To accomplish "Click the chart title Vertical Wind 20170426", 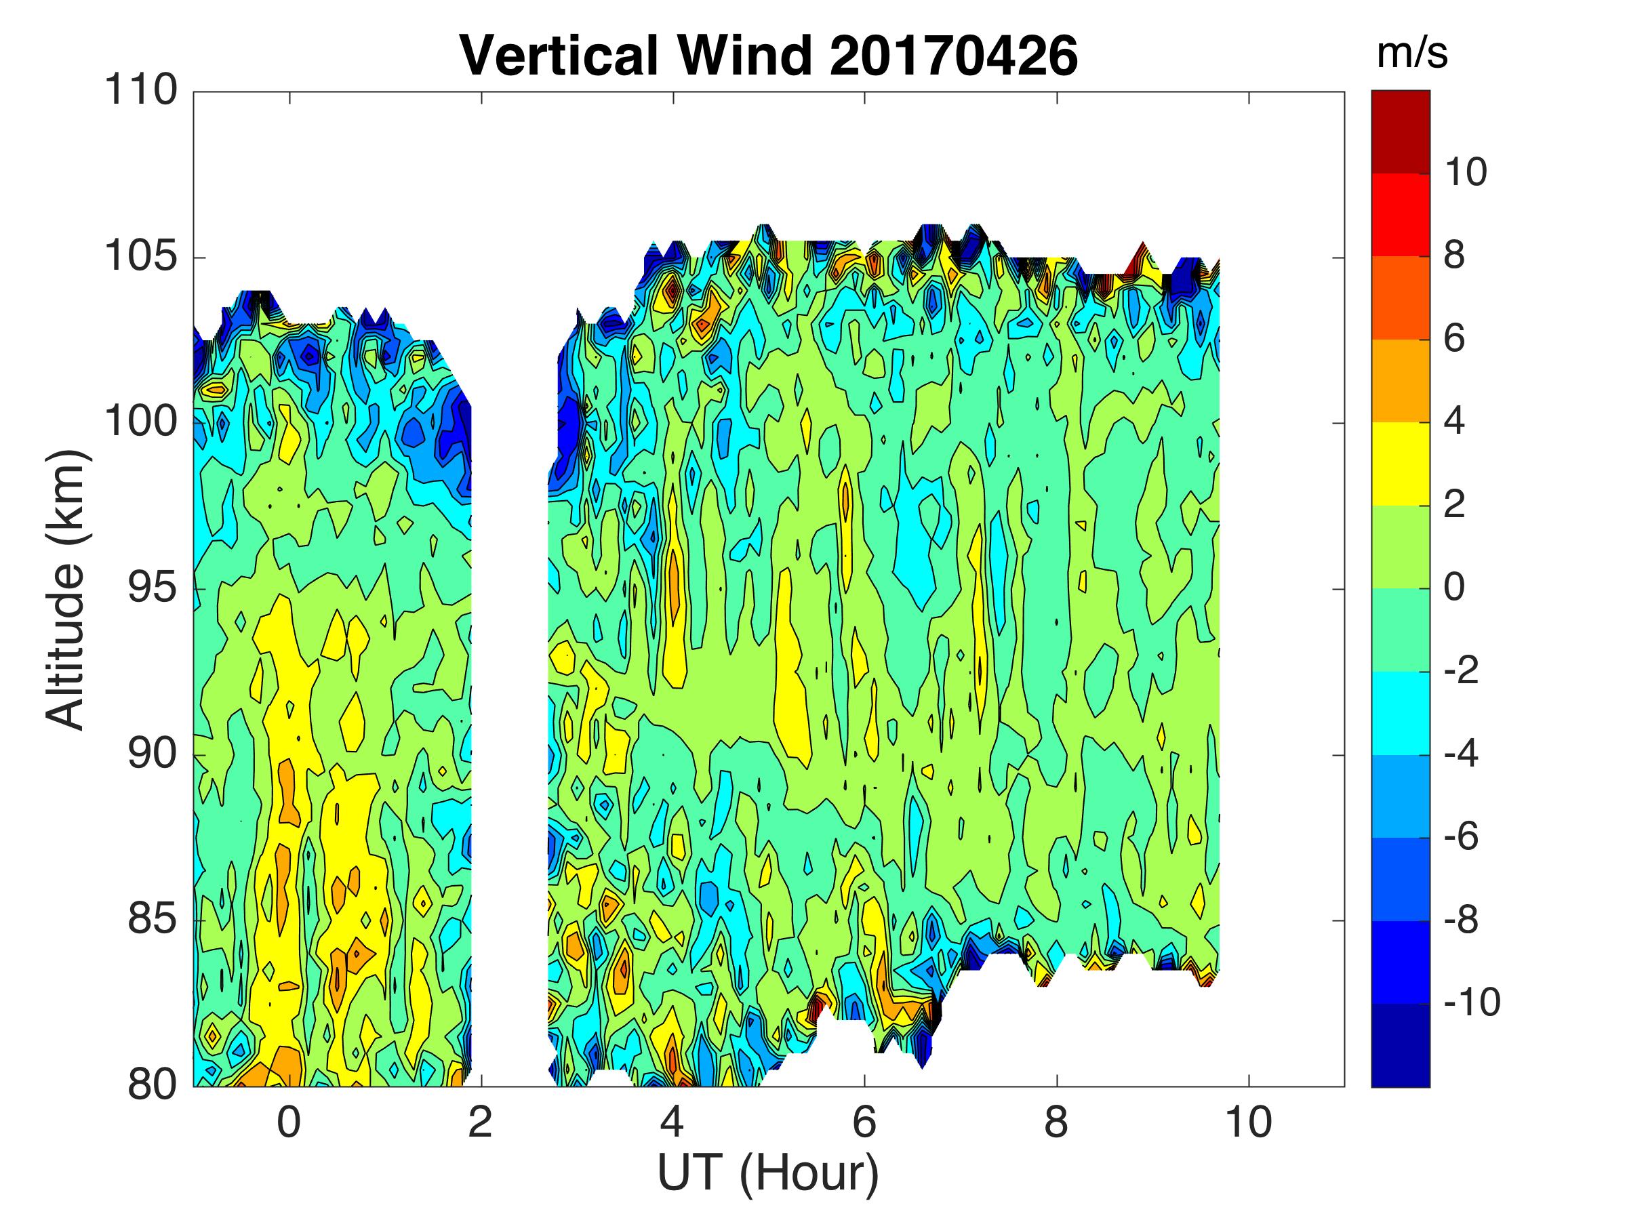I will click(769, 56).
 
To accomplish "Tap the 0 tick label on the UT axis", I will click(289, 1123).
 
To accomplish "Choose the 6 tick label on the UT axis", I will click(864, 1123).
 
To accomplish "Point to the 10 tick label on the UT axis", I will click(1248, 1123).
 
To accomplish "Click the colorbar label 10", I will click(1465, 172).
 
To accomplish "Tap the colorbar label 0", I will click(1454, 587).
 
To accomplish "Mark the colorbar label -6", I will click(1461, 836).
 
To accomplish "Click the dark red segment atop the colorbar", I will click(1401, 131).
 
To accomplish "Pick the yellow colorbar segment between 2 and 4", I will click(1401, 464).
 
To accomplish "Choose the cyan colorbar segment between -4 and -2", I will click(1401, 712).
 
